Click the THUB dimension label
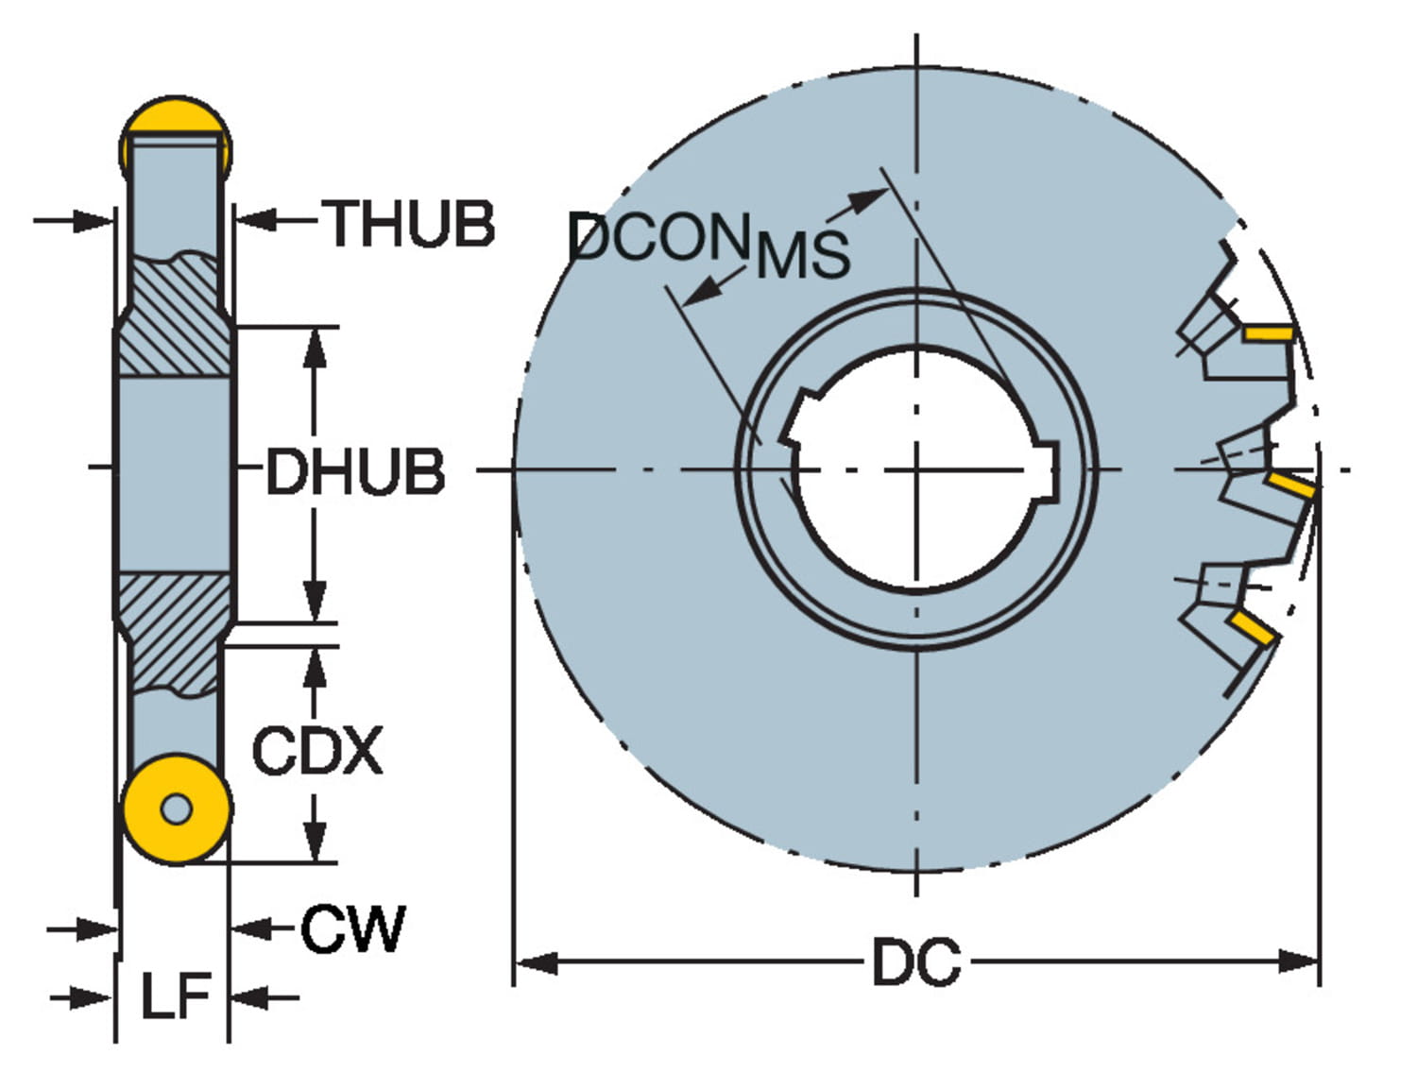pos(410,225)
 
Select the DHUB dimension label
pos(355,471)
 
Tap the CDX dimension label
pos(317,751)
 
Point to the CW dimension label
pos(352,929)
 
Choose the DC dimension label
pos(915,962)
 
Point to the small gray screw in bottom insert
pos(177,808)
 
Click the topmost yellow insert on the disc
pos(1267,333)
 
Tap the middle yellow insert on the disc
pos(1290,486)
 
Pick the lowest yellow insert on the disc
pos(1253,627)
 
